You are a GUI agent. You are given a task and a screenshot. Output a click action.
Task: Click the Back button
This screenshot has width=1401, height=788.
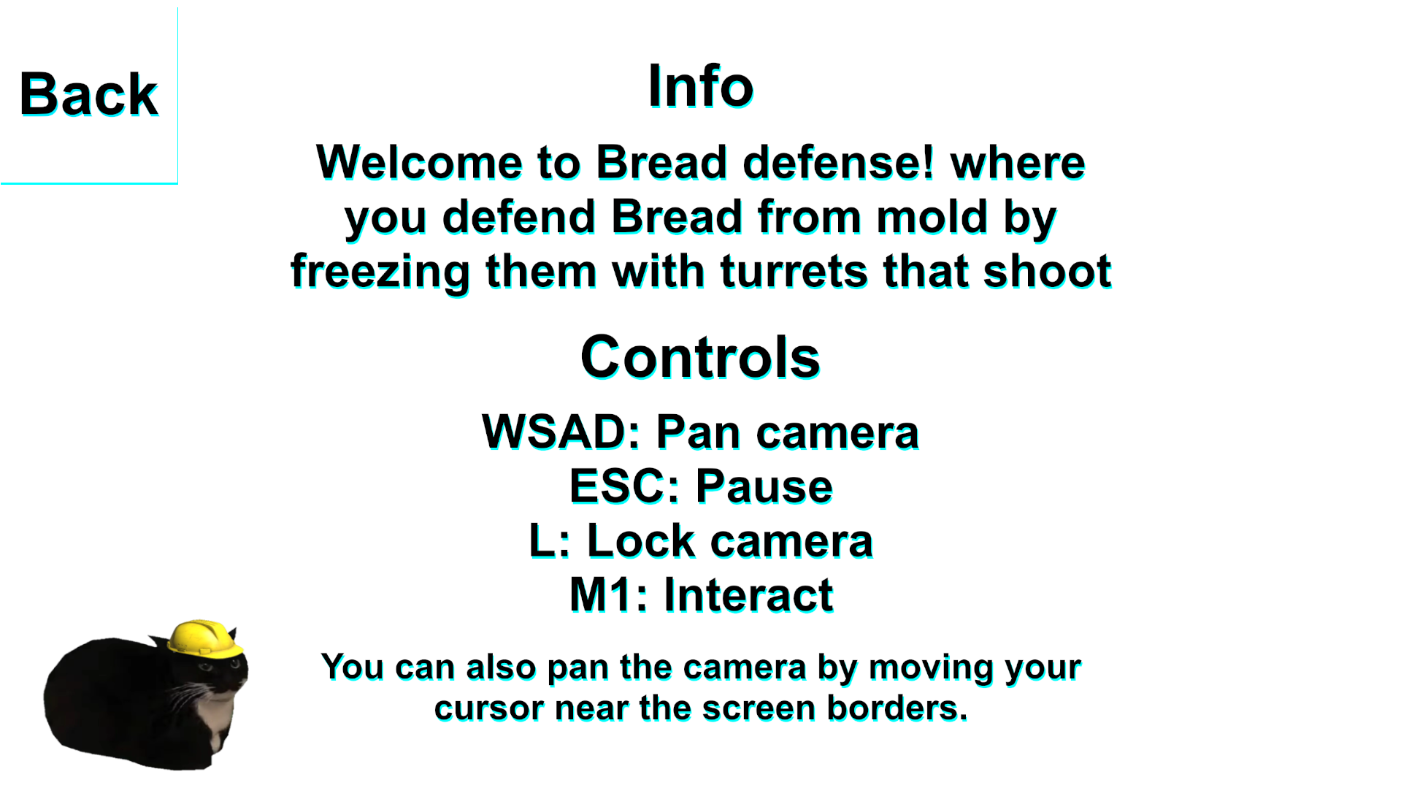[x=88, y=95]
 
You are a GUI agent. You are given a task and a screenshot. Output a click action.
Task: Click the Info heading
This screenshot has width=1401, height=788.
[x=701, y=86]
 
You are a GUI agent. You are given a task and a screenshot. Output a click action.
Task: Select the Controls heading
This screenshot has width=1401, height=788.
[x=701, y=357]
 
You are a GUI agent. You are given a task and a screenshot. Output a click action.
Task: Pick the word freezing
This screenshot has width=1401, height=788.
[x=380, y=272]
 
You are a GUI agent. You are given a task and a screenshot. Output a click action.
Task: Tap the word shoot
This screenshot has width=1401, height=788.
[x=1048, y=271]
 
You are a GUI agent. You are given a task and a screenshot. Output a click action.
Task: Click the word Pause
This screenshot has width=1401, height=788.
[x=764, y=486]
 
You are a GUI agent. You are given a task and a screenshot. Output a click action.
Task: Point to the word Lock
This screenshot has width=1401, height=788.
[x=641, y=541]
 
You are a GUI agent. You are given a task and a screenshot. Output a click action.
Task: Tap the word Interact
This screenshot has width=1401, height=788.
[x=748, y=595]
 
